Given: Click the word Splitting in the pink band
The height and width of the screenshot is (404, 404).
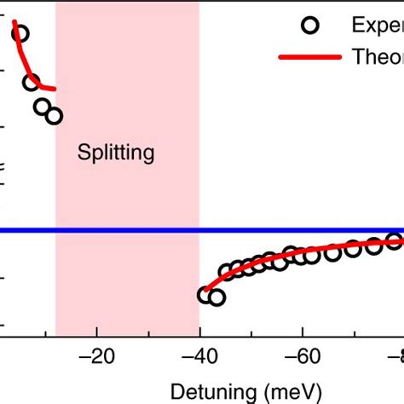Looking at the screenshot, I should click(116, 153).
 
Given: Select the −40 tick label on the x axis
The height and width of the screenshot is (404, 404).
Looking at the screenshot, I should click(199, 355).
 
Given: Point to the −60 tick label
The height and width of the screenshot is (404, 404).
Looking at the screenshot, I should click(301, 355).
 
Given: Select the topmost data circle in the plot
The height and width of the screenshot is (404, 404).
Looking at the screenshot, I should click(20, 34).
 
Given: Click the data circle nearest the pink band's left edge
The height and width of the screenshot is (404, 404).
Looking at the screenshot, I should click(54, 116).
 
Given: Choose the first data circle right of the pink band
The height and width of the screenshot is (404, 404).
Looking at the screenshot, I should click(205, 295).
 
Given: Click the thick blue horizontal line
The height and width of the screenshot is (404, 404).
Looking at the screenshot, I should click(256, 230).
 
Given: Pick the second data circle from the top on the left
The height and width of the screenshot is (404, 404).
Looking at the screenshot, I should click(32, 83).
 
